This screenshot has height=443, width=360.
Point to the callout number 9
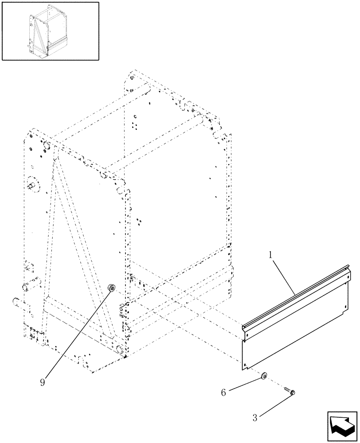tap(43, 382)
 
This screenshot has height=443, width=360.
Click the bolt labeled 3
tap(290, 391)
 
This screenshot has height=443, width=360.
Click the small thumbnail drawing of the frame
tap(50, 31)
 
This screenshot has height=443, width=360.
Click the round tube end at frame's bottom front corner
tap(119, 350)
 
